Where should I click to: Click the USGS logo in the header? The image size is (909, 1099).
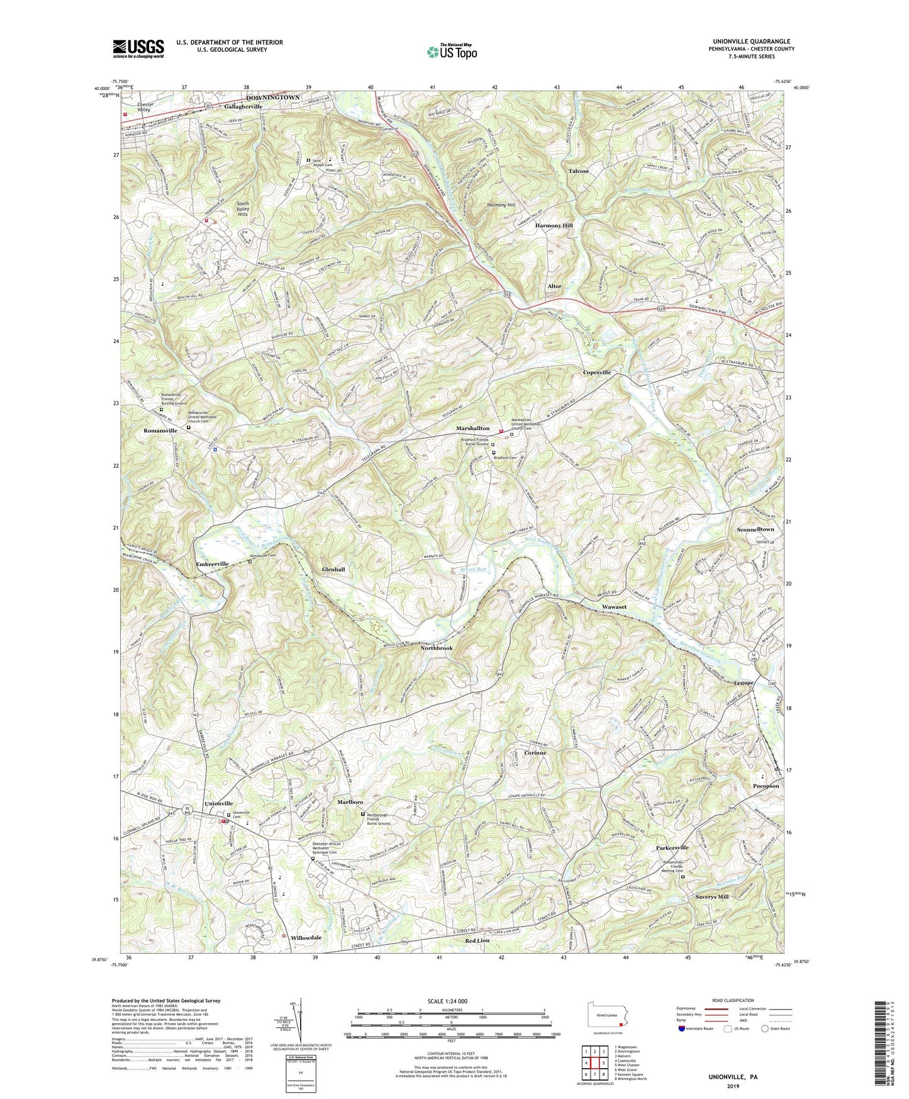138,48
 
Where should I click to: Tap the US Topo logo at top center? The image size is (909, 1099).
451,52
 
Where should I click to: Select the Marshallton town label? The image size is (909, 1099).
472,429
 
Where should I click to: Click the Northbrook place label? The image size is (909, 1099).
436,648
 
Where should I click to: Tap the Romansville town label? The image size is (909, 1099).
160,431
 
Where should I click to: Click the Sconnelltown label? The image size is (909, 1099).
755,530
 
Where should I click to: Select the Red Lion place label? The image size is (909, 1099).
477,940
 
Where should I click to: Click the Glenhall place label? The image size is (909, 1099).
333,569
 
